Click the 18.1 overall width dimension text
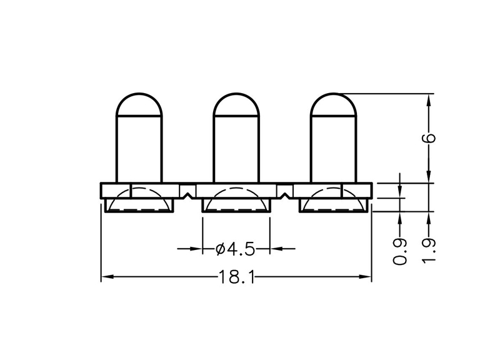pyautogui.click(x=236, y=276)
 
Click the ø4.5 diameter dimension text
pyautogui.click(x=236, y=249)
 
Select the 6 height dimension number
pyautogui.click(x=429, y=139)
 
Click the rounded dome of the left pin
pyautogui.click(x=139, y=105)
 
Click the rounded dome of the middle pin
pyautogui.click(x=236, y=105)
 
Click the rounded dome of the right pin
pyautogui.click(x=334, y=105)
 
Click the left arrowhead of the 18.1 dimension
pyautogui.click(x=106, y=276)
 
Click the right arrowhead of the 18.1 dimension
pyautogui.click(x=367, y=276)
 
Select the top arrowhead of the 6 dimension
pyautogui.click(x=429, y=100)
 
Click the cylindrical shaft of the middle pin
pyautogui.click(x=236, y=150)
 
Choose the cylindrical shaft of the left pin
pyautogui.click(x=139, y=150)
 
